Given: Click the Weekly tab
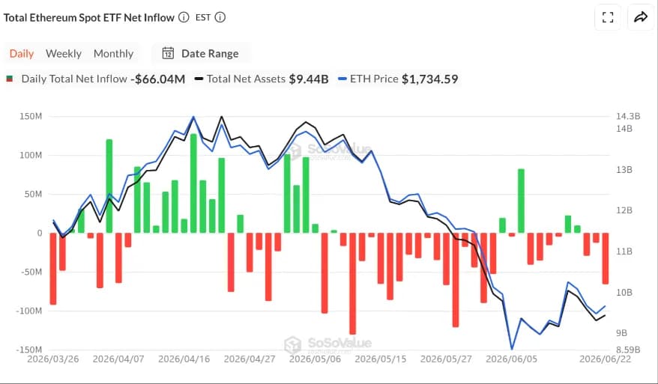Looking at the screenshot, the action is (x=64, y=54).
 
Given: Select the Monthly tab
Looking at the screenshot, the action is (x=113, y=54).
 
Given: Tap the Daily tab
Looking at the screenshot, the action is (x=22, y=54).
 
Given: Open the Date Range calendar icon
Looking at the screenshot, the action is (x=168, y=53).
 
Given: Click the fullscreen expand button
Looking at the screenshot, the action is (x=608, y=17).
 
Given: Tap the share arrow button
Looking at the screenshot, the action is (x=640, y=17).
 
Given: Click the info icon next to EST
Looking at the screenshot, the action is (x=220, y=17).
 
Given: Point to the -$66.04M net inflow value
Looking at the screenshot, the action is (x=158, y=79).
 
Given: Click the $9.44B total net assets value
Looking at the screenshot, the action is (x=309, y=79).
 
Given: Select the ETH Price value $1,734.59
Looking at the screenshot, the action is (x=429, y=79).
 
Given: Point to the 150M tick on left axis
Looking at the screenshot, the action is (x=31, y=116).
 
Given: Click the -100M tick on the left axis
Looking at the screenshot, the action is (x=29, y=311).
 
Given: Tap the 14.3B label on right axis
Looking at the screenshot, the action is (x=628, y=116).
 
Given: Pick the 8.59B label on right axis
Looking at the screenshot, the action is (x=628, y=350).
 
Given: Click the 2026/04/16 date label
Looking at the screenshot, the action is (x=184, y=359).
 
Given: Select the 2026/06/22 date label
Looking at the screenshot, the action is (x=605, y=359).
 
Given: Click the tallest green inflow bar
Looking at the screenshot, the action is (x=193, y=183).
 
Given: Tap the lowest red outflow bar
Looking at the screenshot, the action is (x=352, y=284).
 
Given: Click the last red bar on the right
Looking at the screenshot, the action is (x=605, y=258).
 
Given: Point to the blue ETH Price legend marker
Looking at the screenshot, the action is (x=342, y=79).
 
